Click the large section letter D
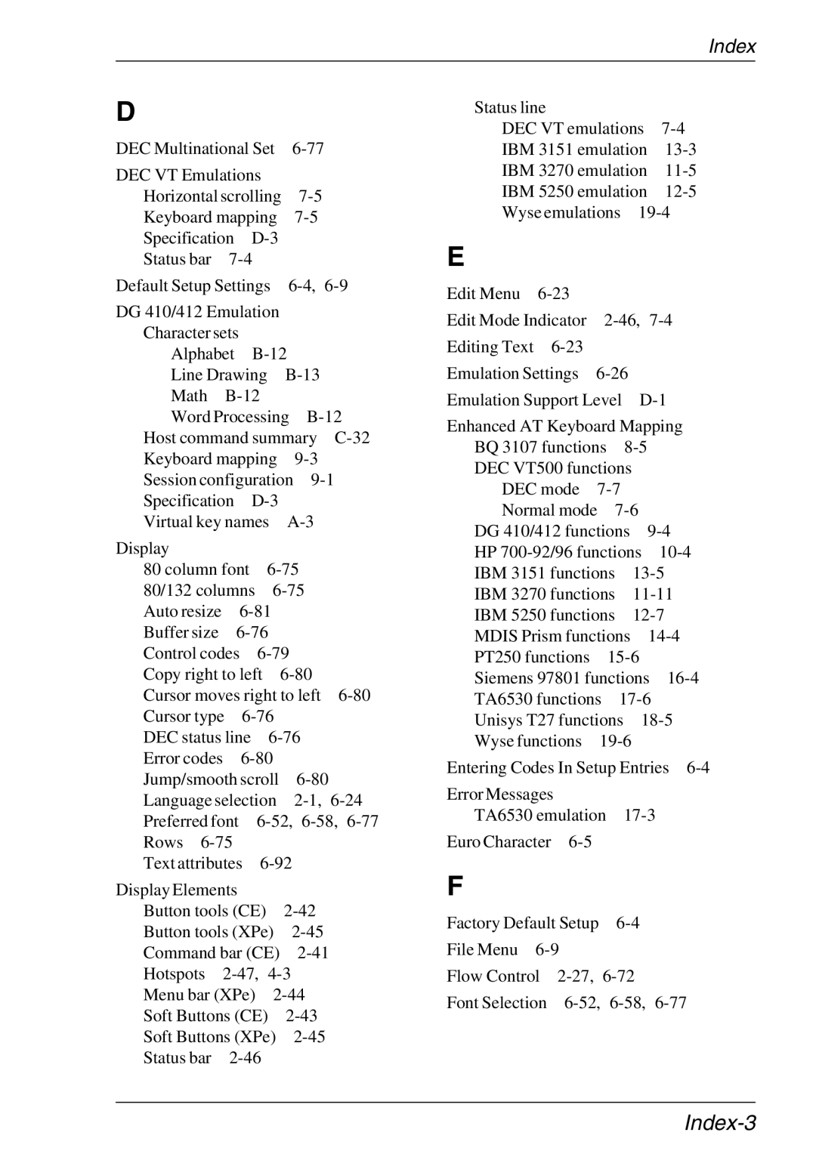tap(125, 113)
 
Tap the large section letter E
tap(455, 258)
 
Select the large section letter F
tap(454, 887)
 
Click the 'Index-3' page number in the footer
tap(719, 1123)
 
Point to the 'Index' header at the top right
tap(731, 47)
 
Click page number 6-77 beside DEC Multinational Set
tap(308, 149)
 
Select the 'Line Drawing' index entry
tap(218, 375)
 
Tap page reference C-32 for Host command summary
tap(352, 438)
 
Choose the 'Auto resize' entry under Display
tap(182, 612)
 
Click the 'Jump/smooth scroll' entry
tap(211, 779)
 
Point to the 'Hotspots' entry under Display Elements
tap(174, 974)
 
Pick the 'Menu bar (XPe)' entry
tap(199, 995)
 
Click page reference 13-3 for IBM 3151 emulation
tap(680, 150)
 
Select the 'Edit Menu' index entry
tap(483, 294)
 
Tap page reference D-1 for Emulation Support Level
tap(652, 400)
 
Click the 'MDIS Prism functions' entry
tap(552, 637)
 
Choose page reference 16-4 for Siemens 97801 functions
tap(682, 678)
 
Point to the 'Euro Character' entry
tap(499, 842)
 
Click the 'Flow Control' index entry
tap(493, 977)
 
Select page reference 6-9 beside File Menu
tap(547, 950)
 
